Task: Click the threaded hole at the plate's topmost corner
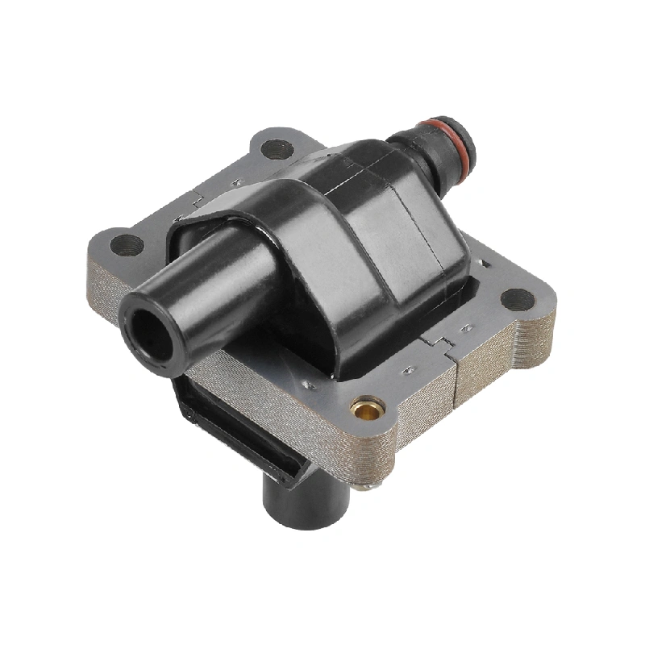[277, 148]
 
